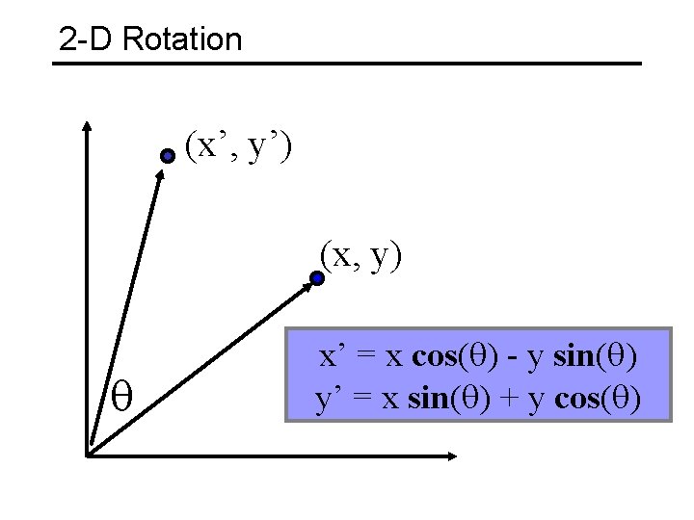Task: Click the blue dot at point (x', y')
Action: (x=168, y=155)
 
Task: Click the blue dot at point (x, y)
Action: (x=316, y=279)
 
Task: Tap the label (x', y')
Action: (x=239, y=146)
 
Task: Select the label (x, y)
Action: (x=361, y=255)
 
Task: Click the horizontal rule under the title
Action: (x=347, y=64)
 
